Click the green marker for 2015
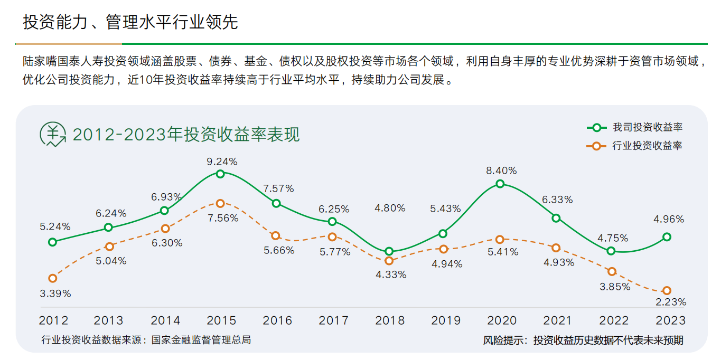tap(220, 174)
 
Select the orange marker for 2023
tap(667, 290)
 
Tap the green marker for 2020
tap(500, 184)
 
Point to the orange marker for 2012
tap(52, 278)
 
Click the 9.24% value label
tap(222, 161)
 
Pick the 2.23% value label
tap(670, 302)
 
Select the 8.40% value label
tap(501, 170)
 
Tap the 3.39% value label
tap(55, 293)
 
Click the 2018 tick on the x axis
tap(390, 320)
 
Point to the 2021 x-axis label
tap(557, 320)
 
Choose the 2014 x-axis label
tap(165, 320)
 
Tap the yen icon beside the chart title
tap(53, 134)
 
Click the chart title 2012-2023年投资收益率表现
tap(186, 135)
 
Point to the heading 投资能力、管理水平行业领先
tap(130, 22)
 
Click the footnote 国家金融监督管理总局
tap(201, 340)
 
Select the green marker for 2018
tap(389, 252)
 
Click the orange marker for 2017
tap(332, 237)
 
